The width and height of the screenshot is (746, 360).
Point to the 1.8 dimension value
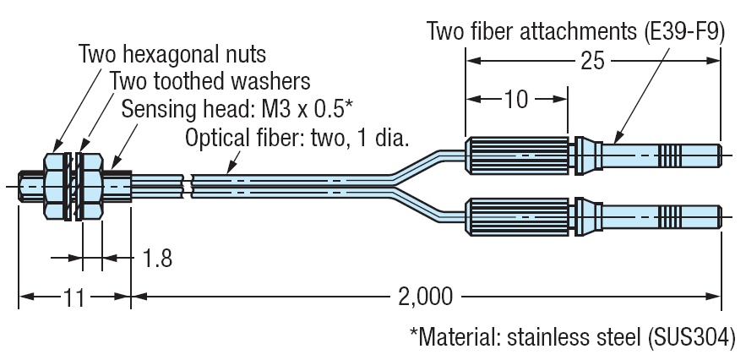[x=157, y=258]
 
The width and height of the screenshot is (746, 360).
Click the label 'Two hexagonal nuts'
[x=172, y=56]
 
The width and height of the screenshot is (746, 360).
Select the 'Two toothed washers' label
[x=210, y=82]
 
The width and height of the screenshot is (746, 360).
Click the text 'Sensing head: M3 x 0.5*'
[x=237, y=110]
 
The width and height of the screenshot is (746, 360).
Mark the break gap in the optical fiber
[x=187, y=185]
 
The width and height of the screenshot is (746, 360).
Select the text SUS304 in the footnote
[x=690, y=335]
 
